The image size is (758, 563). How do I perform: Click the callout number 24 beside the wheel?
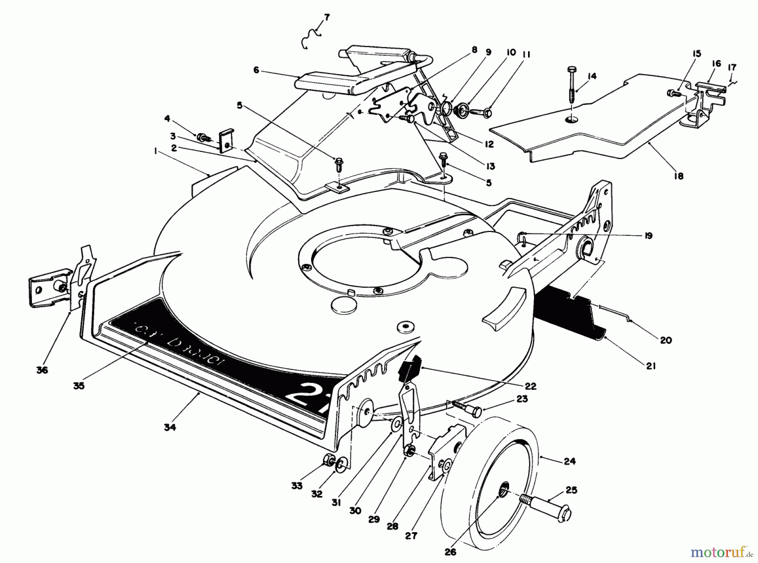click(x=569, y=461)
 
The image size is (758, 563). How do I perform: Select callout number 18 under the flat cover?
click(x=678, y=176)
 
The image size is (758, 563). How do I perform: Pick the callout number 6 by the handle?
click(x=256, y=71)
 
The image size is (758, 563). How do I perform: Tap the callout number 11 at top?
click(x=527, y=55)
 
